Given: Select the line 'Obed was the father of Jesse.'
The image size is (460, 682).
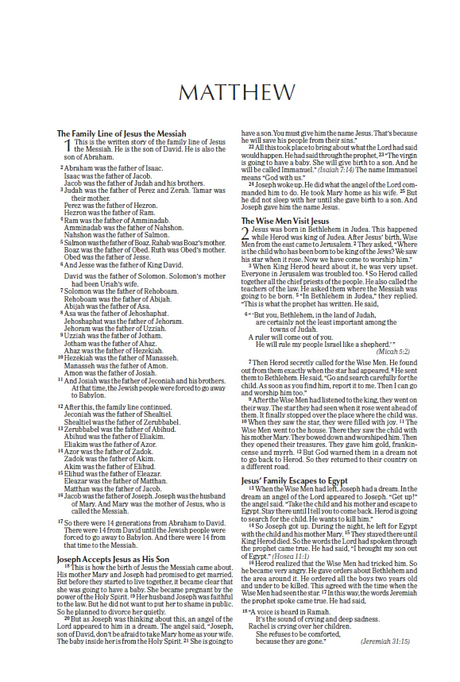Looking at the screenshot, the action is click(x=106, y=257).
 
